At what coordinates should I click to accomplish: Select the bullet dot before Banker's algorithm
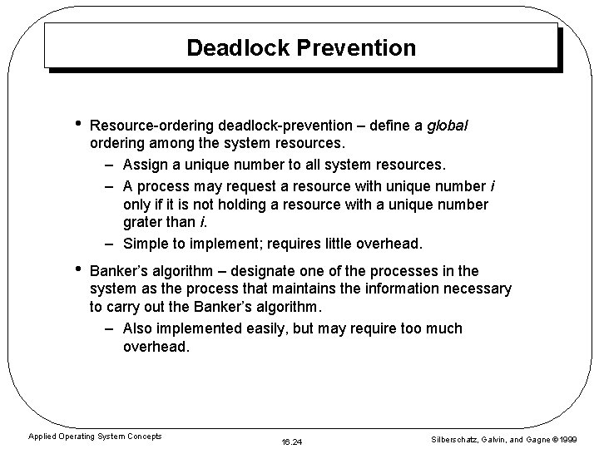pos(77,269)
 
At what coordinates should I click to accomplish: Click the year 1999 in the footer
pos(567,437)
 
